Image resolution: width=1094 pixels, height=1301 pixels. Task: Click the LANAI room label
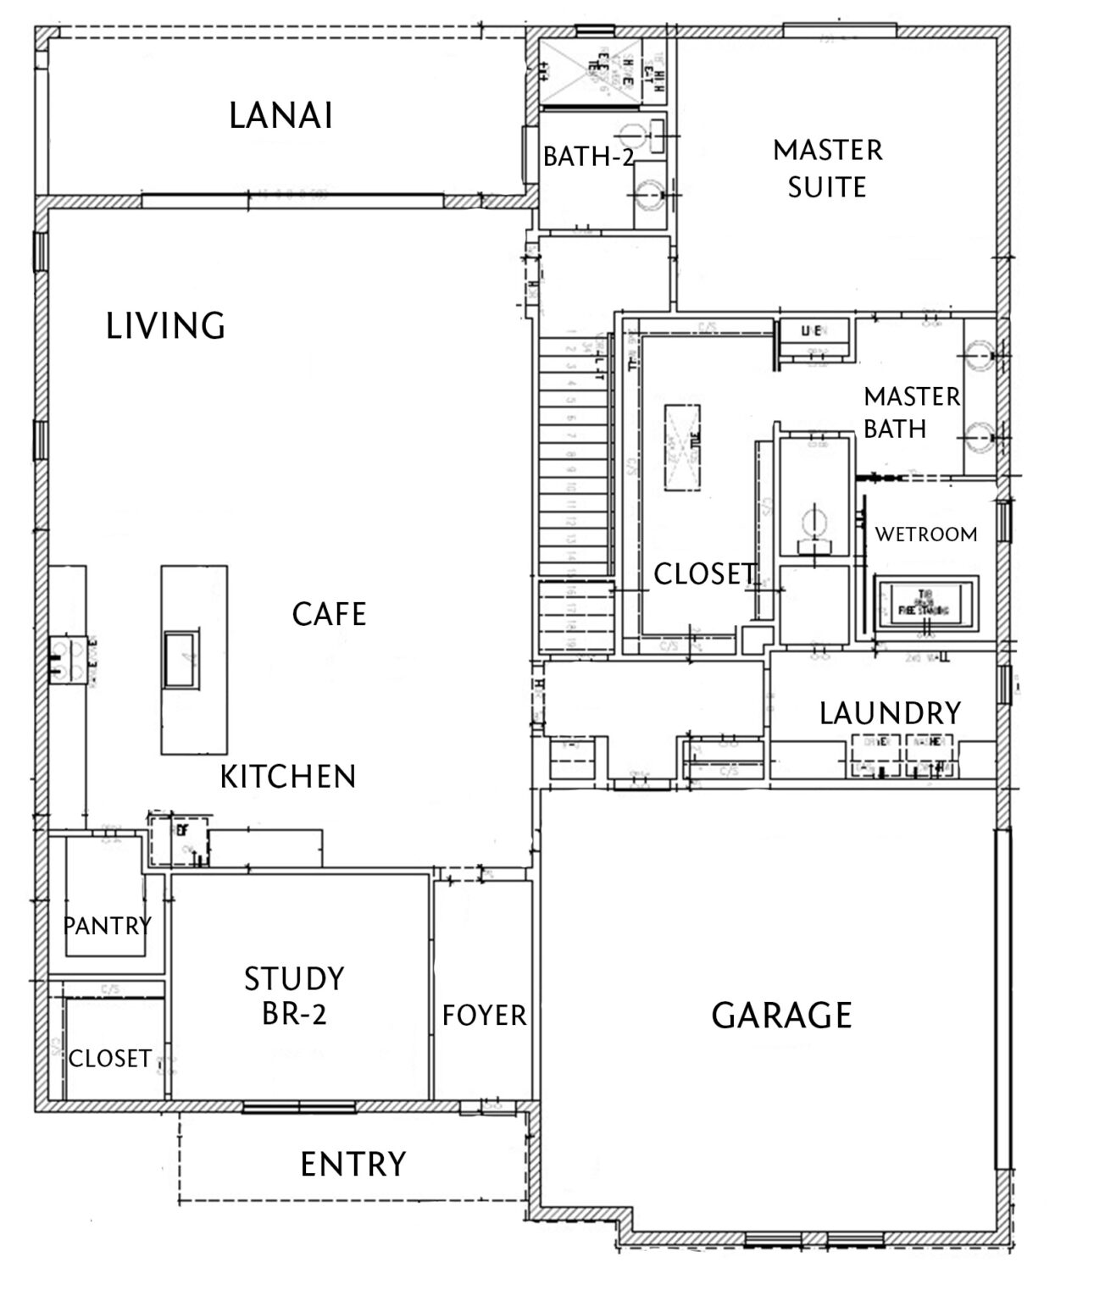(x=280, y=116)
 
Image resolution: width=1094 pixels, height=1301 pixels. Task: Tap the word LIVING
(x=165, y=325)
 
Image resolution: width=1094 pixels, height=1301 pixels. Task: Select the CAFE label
(x=329, y=614)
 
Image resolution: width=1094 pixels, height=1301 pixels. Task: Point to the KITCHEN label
(x=288, y=777)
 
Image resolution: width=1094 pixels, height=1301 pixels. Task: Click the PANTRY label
(x=107, y=925)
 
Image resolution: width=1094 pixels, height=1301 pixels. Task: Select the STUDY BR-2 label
(x=294, y=996)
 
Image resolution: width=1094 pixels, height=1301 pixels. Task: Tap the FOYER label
(x=484, y=1015)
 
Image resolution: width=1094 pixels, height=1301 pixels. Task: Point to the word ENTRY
(x=353, y=1165)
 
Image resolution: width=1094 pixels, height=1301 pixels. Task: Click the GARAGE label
(x=781, y=1015)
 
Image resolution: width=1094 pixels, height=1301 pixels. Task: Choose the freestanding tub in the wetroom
(x=926, y=602)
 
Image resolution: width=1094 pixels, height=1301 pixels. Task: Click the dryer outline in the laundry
(x=876, y=752)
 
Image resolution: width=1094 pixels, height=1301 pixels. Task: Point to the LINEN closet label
(x=814, y=331)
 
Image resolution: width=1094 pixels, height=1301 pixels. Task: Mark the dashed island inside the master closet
(x=682, y=446)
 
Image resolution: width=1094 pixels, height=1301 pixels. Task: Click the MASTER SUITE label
(x=827, y=168)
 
